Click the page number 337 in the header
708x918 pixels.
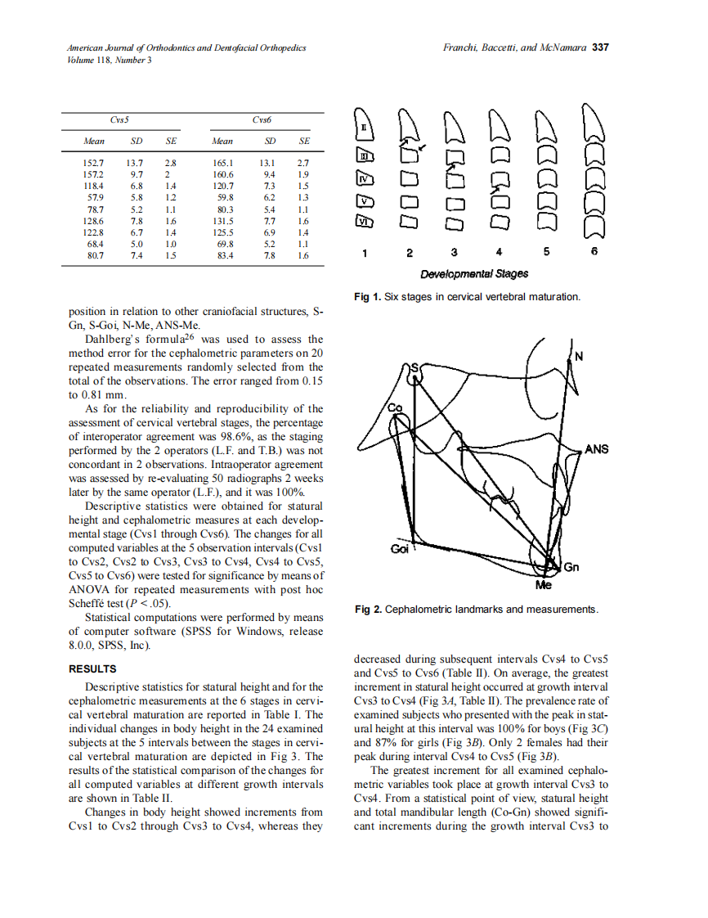601,47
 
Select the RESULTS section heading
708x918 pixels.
92,669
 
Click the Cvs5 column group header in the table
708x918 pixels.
119,120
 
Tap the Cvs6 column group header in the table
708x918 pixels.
262,120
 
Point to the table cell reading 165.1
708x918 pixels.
222,163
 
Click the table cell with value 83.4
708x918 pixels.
222,255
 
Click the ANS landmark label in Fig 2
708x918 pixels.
596,449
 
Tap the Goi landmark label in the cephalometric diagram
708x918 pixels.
399,550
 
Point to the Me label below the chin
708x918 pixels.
543,586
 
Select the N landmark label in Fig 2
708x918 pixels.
580,356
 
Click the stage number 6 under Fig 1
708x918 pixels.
594,253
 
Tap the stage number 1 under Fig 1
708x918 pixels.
364,253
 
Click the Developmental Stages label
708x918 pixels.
474,273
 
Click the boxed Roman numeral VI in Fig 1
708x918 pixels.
364,221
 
